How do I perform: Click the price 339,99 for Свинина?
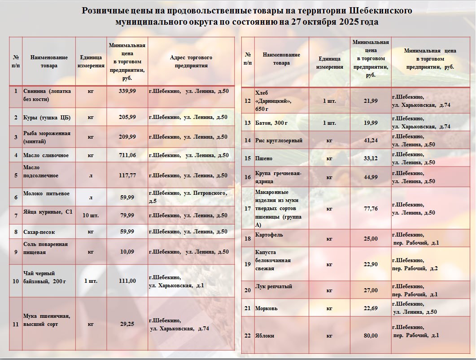[127, 91]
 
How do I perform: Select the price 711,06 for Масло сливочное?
[127, 155]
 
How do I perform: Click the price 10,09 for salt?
[127, 252]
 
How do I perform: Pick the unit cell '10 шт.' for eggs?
[91, 215]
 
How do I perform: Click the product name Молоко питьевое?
[46, 193]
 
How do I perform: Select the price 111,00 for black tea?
[127, 281]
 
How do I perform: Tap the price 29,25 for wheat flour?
[127, 324]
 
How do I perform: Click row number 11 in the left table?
[16, 324]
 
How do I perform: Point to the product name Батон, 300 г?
[271, 123]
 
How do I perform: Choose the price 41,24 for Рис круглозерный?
[371, 140]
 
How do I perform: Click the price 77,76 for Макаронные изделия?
[371, 209]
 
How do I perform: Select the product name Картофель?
[269, 235]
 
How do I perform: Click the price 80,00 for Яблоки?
[371, 336]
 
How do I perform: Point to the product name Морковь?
[267, 308]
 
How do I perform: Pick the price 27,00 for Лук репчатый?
[371, 290]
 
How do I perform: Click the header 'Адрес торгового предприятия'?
[191, 61]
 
